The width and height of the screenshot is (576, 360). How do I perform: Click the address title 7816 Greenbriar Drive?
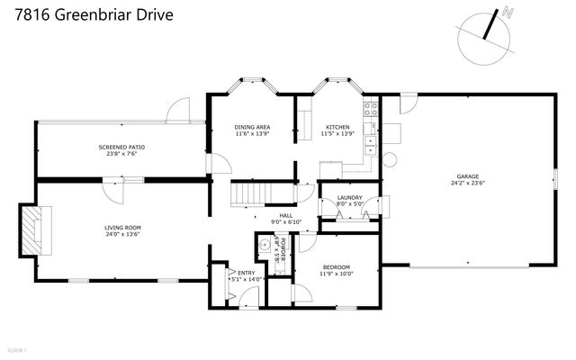point(89,15)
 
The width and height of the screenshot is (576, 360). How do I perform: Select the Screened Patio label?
point(121,147)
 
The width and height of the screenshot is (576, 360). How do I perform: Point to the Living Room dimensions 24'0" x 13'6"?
point(122,236)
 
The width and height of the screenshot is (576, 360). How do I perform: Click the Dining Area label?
point(252,127)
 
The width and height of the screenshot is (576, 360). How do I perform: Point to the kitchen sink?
point(369,142)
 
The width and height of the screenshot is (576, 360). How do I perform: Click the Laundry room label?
point(349,198)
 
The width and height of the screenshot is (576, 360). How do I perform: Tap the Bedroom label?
point(337,267)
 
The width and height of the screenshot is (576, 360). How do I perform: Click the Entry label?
point(246,272)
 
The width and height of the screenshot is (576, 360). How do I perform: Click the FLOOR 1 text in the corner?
point(17,349)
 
